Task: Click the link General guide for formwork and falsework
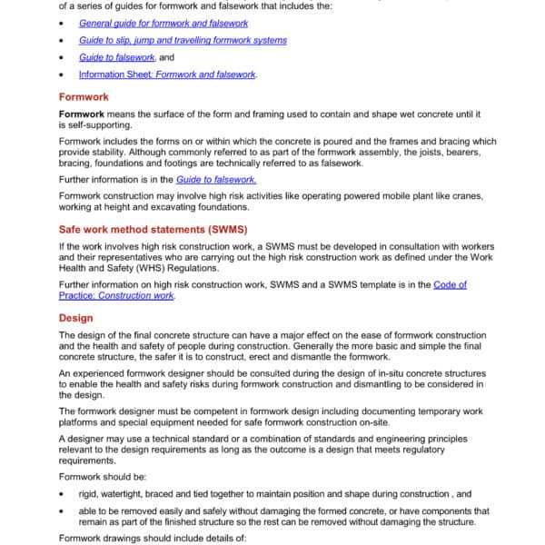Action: pos(163,23)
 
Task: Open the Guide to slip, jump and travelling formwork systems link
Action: pos(183,40)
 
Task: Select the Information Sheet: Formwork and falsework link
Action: pos(167,74)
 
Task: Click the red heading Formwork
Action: pos(84,96)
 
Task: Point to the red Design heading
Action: pos(75,318)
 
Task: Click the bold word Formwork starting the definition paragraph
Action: pos(83,114)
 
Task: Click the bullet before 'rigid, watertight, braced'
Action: pos(60,494)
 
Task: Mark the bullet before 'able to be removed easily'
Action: pos(60,511)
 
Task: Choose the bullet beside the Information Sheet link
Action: pos(60,74)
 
